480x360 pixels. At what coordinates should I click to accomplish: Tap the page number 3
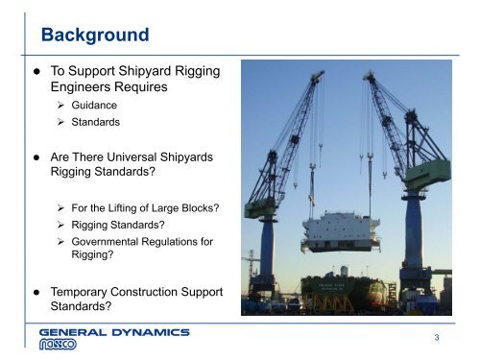[437, 337]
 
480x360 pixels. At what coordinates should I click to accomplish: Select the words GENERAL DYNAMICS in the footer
[115, 331]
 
